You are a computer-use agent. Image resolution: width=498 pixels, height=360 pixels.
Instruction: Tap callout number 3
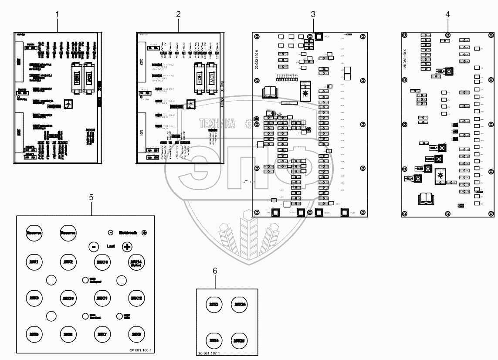click(x=313, y=14)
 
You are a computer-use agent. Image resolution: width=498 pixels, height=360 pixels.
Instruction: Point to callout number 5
click(x=91, y=197)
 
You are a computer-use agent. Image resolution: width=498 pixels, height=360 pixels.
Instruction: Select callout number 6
click(x=214, y=271)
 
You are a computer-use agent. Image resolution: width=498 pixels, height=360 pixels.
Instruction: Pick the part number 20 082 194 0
click(x=405, y=58)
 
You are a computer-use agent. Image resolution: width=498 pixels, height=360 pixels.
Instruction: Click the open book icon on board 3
click(x=270, y=92)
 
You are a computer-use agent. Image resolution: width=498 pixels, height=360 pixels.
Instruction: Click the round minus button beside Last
click(x=93, y=246)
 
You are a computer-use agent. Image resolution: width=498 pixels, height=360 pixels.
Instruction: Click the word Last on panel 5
click(x=110, y=246)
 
